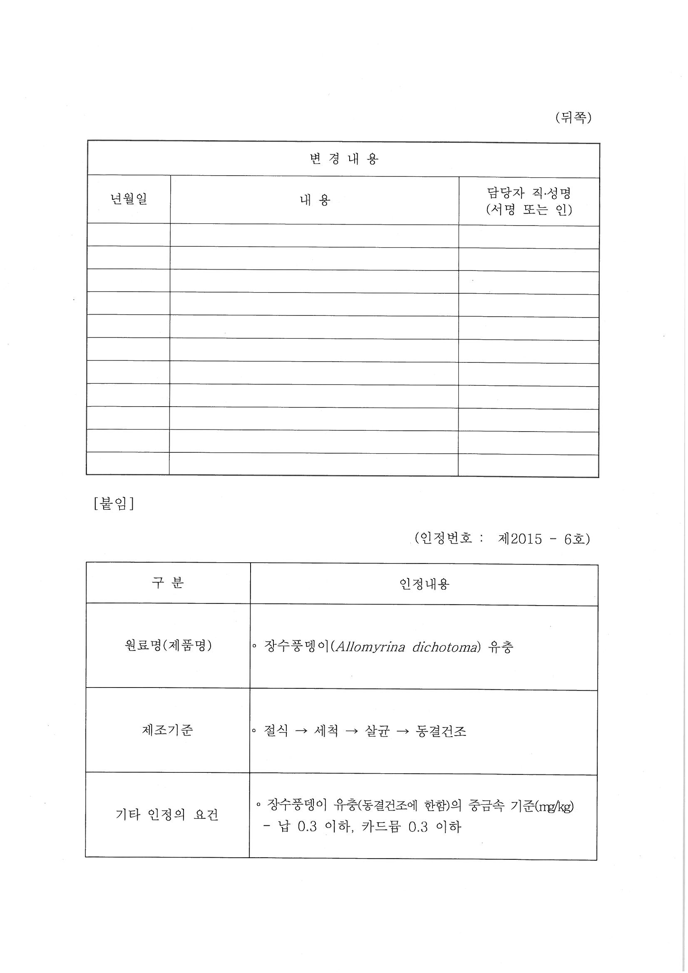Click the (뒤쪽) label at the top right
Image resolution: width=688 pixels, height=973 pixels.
(573, 118)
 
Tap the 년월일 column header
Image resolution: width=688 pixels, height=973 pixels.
(129, 199)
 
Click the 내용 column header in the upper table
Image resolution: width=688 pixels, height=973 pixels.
(315, 200)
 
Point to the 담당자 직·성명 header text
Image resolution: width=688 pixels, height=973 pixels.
(529, 193)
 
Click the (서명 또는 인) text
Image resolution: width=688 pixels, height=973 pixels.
(529, 209)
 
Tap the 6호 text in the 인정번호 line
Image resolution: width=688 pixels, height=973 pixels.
(575, 539)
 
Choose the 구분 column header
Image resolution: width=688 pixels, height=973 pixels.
(167, 583)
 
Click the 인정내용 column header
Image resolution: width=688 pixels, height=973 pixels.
(424, 584)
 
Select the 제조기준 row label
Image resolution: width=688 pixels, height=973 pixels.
(167, 730)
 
